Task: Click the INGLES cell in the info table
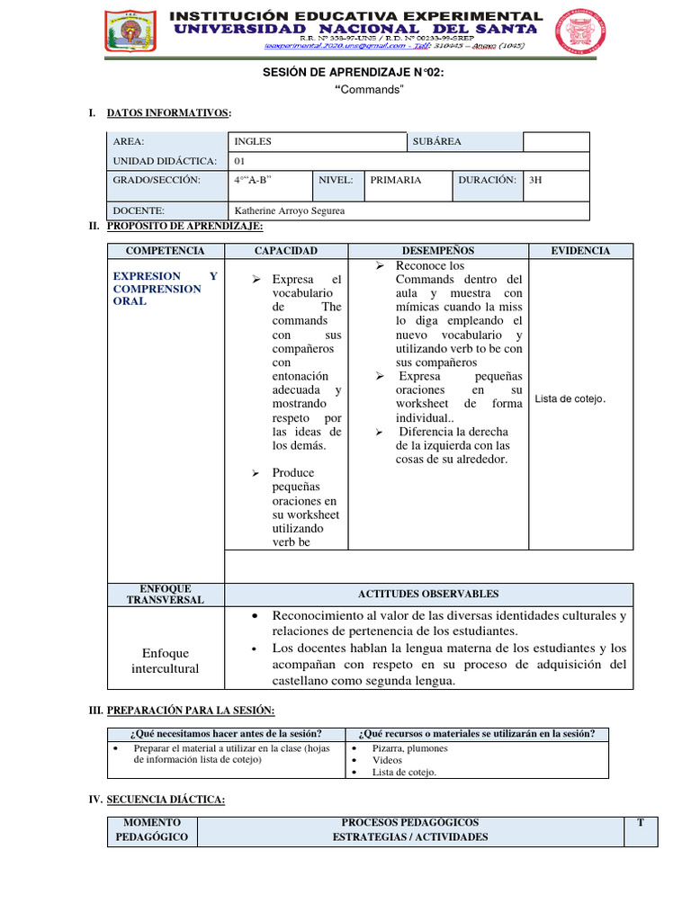[253, 142]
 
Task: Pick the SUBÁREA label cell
[436, 142]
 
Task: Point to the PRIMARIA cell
[395, 180]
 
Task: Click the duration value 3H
[535, 180]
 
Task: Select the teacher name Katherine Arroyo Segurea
[289, 211]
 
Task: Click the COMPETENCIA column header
[165, 251]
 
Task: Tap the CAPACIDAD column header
[285, 251]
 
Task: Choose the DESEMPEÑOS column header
[437, 251]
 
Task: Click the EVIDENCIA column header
[580, 251]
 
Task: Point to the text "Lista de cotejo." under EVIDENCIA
[570, 398]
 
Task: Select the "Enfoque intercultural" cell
[165, 661]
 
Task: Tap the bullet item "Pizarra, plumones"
[410, 748]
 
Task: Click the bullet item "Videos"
[387, 760]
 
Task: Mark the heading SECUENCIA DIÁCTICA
[166, 800]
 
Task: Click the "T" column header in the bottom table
[640, 823]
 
